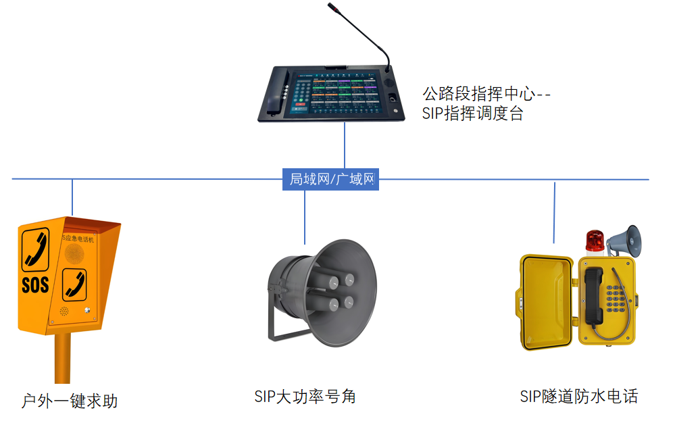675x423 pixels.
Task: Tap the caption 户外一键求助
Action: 70,401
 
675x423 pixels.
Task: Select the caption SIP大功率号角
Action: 305,396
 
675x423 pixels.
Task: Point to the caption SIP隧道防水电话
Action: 578,396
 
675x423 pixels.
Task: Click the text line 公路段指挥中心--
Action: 486,93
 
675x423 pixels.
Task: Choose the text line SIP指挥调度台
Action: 472,113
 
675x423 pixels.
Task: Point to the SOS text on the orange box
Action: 35,284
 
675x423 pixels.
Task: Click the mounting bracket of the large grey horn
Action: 277,318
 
